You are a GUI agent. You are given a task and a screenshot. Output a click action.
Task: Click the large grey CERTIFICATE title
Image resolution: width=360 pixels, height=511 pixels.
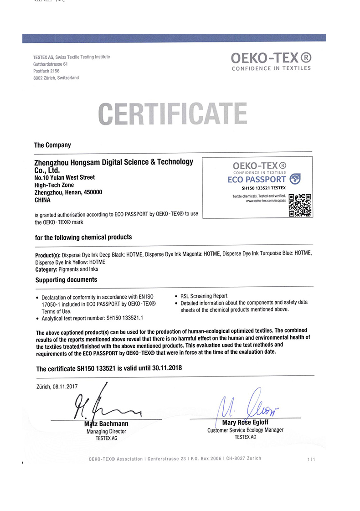173,114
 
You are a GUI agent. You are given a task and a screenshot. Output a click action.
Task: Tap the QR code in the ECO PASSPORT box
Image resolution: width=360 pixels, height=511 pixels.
300,205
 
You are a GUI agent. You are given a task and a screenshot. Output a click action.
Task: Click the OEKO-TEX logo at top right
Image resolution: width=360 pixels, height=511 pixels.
271,61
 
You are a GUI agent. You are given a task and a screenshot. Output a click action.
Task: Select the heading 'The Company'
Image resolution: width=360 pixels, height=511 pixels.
52,145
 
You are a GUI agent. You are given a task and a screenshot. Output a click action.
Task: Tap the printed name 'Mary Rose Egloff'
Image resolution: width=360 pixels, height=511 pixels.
245,423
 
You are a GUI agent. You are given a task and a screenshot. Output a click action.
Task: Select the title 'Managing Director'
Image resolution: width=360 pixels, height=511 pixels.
106,431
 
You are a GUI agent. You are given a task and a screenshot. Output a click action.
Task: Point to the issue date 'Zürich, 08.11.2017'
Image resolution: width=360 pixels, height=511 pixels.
57,387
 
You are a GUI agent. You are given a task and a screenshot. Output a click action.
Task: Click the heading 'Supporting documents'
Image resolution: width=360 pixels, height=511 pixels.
66,279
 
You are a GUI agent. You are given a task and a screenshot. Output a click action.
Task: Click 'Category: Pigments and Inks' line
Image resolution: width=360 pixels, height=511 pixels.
67,269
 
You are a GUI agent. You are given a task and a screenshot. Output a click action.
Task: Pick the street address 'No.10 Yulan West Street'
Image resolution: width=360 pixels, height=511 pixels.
65,177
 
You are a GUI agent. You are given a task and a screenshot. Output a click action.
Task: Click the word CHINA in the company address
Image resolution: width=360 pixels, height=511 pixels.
42,200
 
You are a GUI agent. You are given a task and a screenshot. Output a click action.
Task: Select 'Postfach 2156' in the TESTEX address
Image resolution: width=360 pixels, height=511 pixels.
46,71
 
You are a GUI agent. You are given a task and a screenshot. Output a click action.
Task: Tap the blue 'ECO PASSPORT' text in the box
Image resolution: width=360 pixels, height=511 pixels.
257,179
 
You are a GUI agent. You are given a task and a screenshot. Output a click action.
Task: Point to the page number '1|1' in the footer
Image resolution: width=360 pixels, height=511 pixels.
311,459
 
